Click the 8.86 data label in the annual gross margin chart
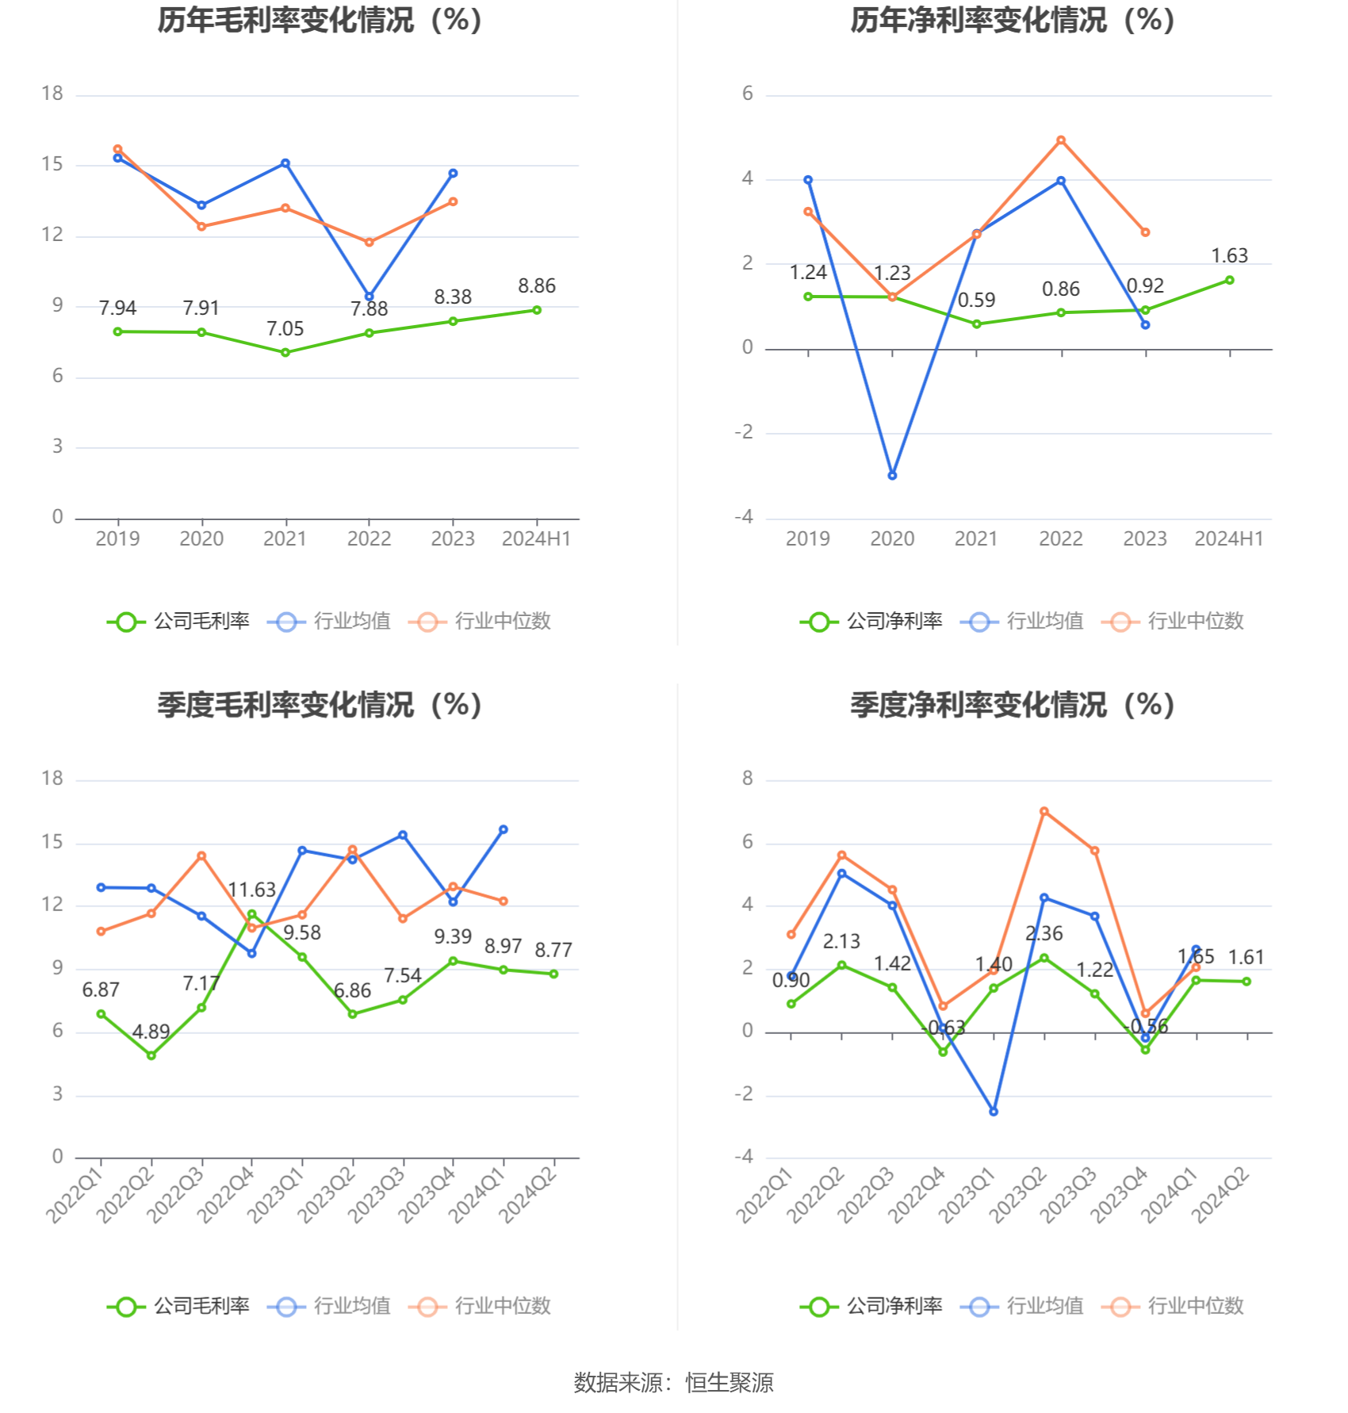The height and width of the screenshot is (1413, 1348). pyautogui.click(x=537, y=286)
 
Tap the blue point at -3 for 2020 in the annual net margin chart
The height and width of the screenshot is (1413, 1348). pyautogui.click(x=892, y=476)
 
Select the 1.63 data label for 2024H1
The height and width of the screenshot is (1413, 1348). pyautogui.click(x=1229, y=256)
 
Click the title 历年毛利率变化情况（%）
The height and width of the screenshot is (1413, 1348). pyautogui.click(x=320, y=21)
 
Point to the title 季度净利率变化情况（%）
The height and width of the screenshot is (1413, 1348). pyautogui.click(x=1013, y=705)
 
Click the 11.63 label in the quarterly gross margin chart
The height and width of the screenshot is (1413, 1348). pyautogui.click(x=251, y=890)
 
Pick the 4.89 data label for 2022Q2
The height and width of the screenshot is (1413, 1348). pyautogui.click(x=151, y=1032)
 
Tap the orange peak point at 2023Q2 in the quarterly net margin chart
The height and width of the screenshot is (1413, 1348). pyautogui.click(x=1044, y=811)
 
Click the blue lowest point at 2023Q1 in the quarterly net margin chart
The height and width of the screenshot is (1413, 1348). pyautogui.click(x=994, y=1112)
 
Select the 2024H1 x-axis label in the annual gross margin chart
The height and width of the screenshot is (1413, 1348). pyautogui.click(x=537, y=539)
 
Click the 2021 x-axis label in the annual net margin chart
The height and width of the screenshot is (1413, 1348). pyautogui.click(x=976, y=539)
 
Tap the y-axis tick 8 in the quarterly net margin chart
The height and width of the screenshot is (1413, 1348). pyautogui.click(x=748, y=779)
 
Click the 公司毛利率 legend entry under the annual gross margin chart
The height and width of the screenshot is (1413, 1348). pyautogui.click(x=179, y=622)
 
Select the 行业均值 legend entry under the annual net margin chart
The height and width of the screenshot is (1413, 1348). pyautogui.click(x=1023, y=622)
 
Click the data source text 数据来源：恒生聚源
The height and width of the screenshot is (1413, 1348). pyautogui.click(x=673, y=1383)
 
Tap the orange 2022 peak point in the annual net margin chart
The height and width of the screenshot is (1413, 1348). pyautogui.click(x=1061, y=140)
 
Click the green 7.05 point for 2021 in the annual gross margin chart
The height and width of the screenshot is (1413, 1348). pyautogui.click(x=285, y=352)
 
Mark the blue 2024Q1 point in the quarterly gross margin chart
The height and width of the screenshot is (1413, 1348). pyautogui.click(x=504, y=829)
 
